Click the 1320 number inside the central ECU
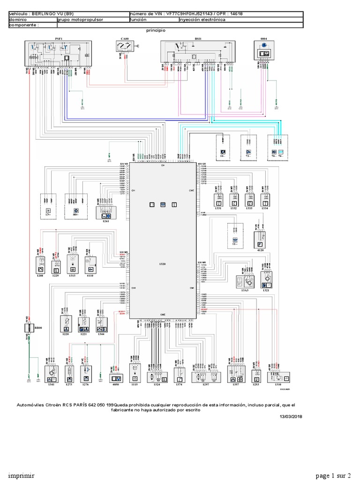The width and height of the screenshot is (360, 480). (x=163, y=264)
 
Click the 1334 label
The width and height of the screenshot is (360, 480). (x=264, y=209)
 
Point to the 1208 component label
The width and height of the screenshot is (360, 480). (x=41, y=276)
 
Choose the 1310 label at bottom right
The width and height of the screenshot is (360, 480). (x=279, y=384)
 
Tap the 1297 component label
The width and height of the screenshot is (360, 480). (x=205, y=384)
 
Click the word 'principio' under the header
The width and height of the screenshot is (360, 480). (x=156, y=30)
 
